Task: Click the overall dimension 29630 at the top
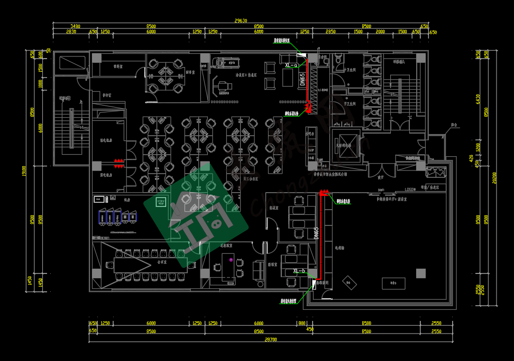(241, 21)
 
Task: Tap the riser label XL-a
(291, 65)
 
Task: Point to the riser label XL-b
(299, 271)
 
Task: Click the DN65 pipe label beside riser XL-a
(302, 80)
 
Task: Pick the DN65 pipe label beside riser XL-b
(316, 234)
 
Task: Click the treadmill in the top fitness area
(226, 62)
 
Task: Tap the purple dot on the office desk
(231, 260)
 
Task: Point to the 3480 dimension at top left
(75, 26)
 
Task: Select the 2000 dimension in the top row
(380, 32)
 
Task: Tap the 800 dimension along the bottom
(302, 323)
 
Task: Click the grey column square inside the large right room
(420, 273)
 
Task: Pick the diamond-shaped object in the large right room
(349, 282)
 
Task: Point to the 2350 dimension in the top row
(331, 32)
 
